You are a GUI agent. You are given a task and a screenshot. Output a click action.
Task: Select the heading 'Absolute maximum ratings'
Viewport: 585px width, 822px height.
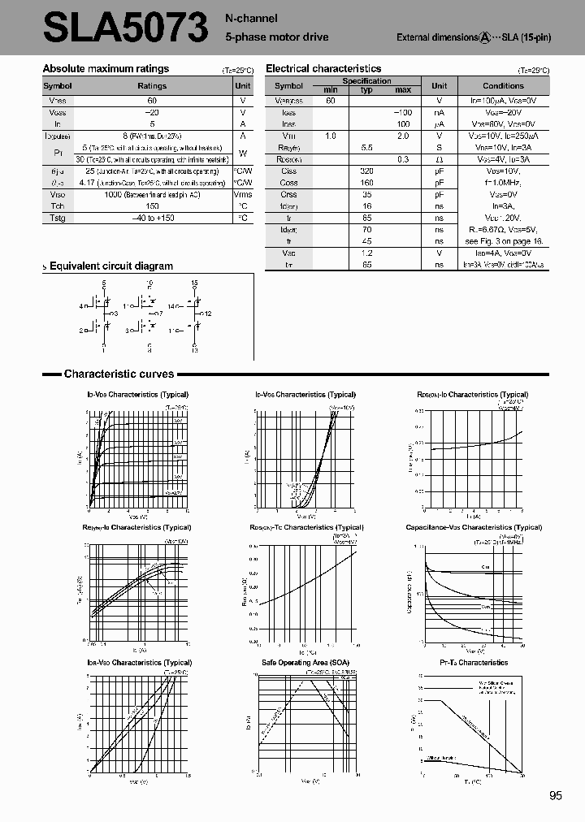coord(106,69)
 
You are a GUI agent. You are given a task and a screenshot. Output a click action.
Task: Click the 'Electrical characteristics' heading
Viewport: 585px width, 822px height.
coord(323,69)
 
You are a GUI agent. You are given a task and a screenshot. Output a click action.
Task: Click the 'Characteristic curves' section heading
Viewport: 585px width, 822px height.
coord(119,374)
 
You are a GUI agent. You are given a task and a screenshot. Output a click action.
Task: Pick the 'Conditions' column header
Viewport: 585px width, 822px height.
coord(503,86)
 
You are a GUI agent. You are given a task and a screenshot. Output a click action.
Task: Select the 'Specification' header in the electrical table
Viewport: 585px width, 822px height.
coord(366,81)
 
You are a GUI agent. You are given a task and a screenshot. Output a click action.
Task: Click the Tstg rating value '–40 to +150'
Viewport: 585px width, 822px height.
coord(152,218)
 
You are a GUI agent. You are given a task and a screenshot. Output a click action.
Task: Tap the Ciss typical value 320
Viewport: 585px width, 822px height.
coord(366,171)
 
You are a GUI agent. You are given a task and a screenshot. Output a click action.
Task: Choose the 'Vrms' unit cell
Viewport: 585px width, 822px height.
coord(242,194)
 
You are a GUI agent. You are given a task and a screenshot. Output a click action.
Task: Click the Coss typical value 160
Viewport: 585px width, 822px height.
coord(366,183)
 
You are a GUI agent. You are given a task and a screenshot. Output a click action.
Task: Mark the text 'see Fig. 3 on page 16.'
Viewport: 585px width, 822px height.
coord(503,242)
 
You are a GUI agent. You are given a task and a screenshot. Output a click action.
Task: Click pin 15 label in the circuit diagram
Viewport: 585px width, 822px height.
coord(195,283)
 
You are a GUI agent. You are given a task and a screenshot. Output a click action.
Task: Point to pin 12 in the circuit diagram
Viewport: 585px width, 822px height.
coord(208,314)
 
